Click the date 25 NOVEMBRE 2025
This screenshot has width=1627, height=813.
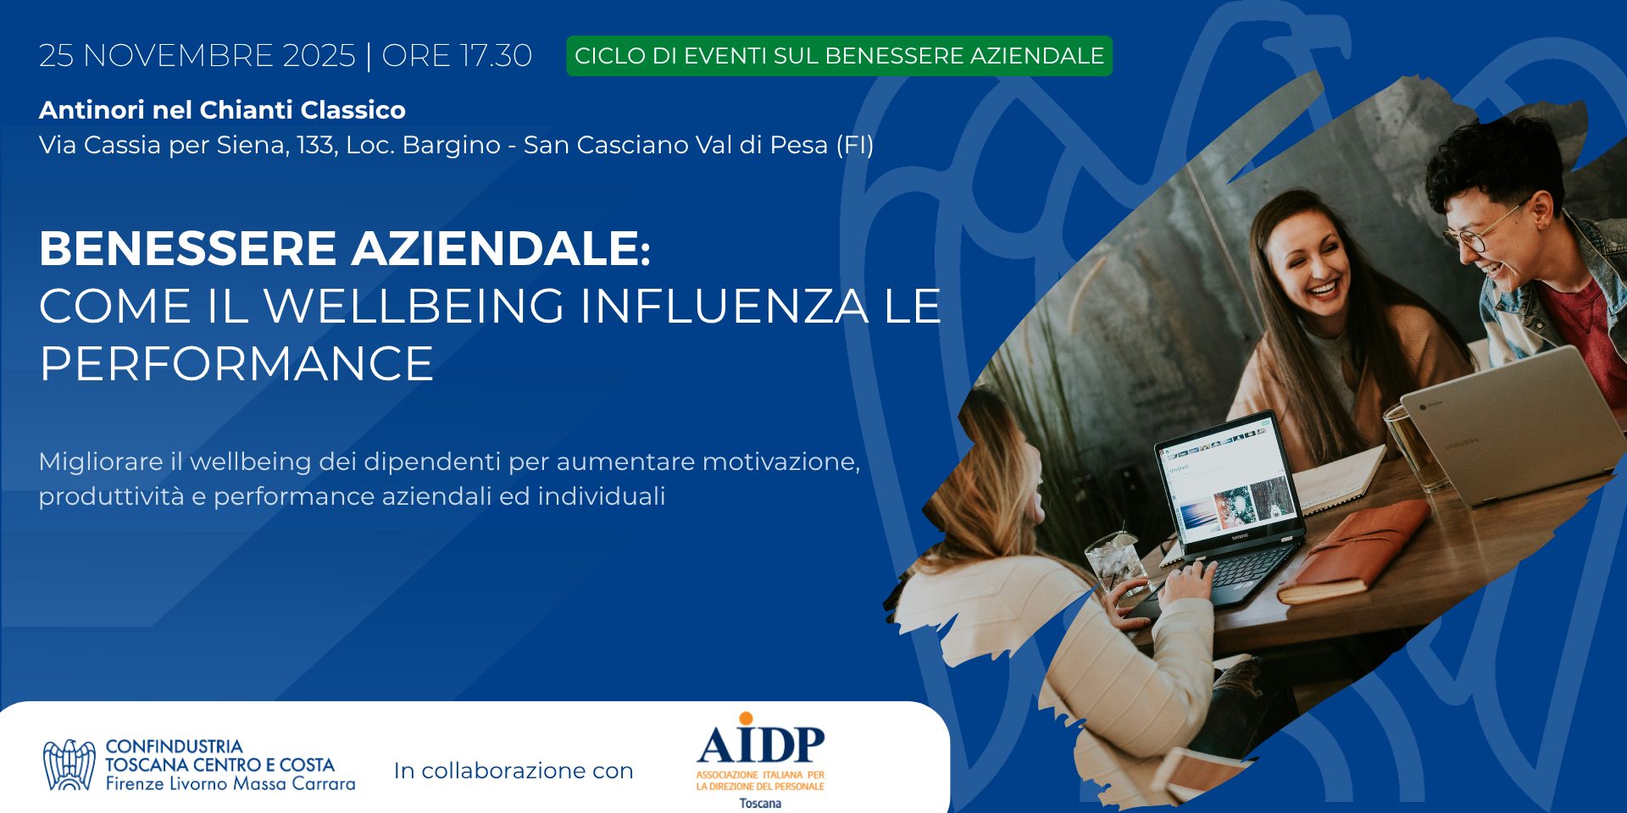pos(197,56)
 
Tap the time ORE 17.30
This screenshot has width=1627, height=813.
pos(457,56)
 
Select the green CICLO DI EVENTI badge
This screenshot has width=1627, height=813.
pos(839,56)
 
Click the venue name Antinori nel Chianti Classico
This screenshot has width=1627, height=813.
pos(222,110)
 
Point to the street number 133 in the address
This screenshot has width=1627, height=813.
pos(314,146)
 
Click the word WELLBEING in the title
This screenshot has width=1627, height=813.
pos(414,306)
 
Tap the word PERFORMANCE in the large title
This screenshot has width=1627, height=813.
pos(236,364)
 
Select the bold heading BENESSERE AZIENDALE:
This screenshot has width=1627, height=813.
pos(345,248)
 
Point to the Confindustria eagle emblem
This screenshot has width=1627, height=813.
pos(69,765)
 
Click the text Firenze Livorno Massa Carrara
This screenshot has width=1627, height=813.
pos(230,784)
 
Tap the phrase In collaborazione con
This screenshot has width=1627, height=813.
pos(514,771)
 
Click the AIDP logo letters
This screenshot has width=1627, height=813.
pos(760,743)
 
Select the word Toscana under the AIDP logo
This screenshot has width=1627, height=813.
pos(760,803)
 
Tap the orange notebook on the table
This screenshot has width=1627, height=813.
pos(1354,551)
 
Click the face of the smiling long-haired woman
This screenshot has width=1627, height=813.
pos(1314,262)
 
